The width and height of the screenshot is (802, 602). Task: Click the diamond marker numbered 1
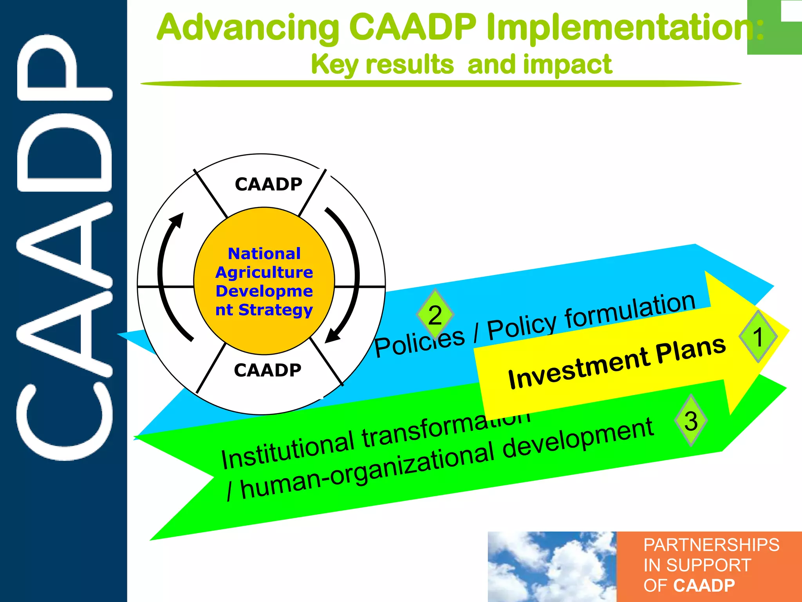click(x=758, y=336)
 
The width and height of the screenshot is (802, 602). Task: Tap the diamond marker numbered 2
click(x=435, y=315)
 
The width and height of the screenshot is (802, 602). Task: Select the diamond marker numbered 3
click(x=691, y=421)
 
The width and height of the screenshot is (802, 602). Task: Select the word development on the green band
click(x=577, y=439)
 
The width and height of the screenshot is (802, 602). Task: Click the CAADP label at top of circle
click(x=269, y=184)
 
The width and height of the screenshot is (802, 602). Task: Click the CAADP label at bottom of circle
click(x=268, y=370)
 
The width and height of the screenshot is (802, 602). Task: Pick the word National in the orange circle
click(x=264, y=254)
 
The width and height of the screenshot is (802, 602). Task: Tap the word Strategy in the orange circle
click(x=276, y=310)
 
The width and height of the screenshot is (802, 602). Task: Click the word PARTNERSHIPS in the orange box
click(x=711, y=545)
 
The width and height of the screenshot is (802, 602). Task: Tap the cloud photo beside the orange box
click(x=551, y=567)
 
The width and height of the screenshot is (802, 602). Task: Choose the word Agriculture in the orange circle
click(x=264, y=272)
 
